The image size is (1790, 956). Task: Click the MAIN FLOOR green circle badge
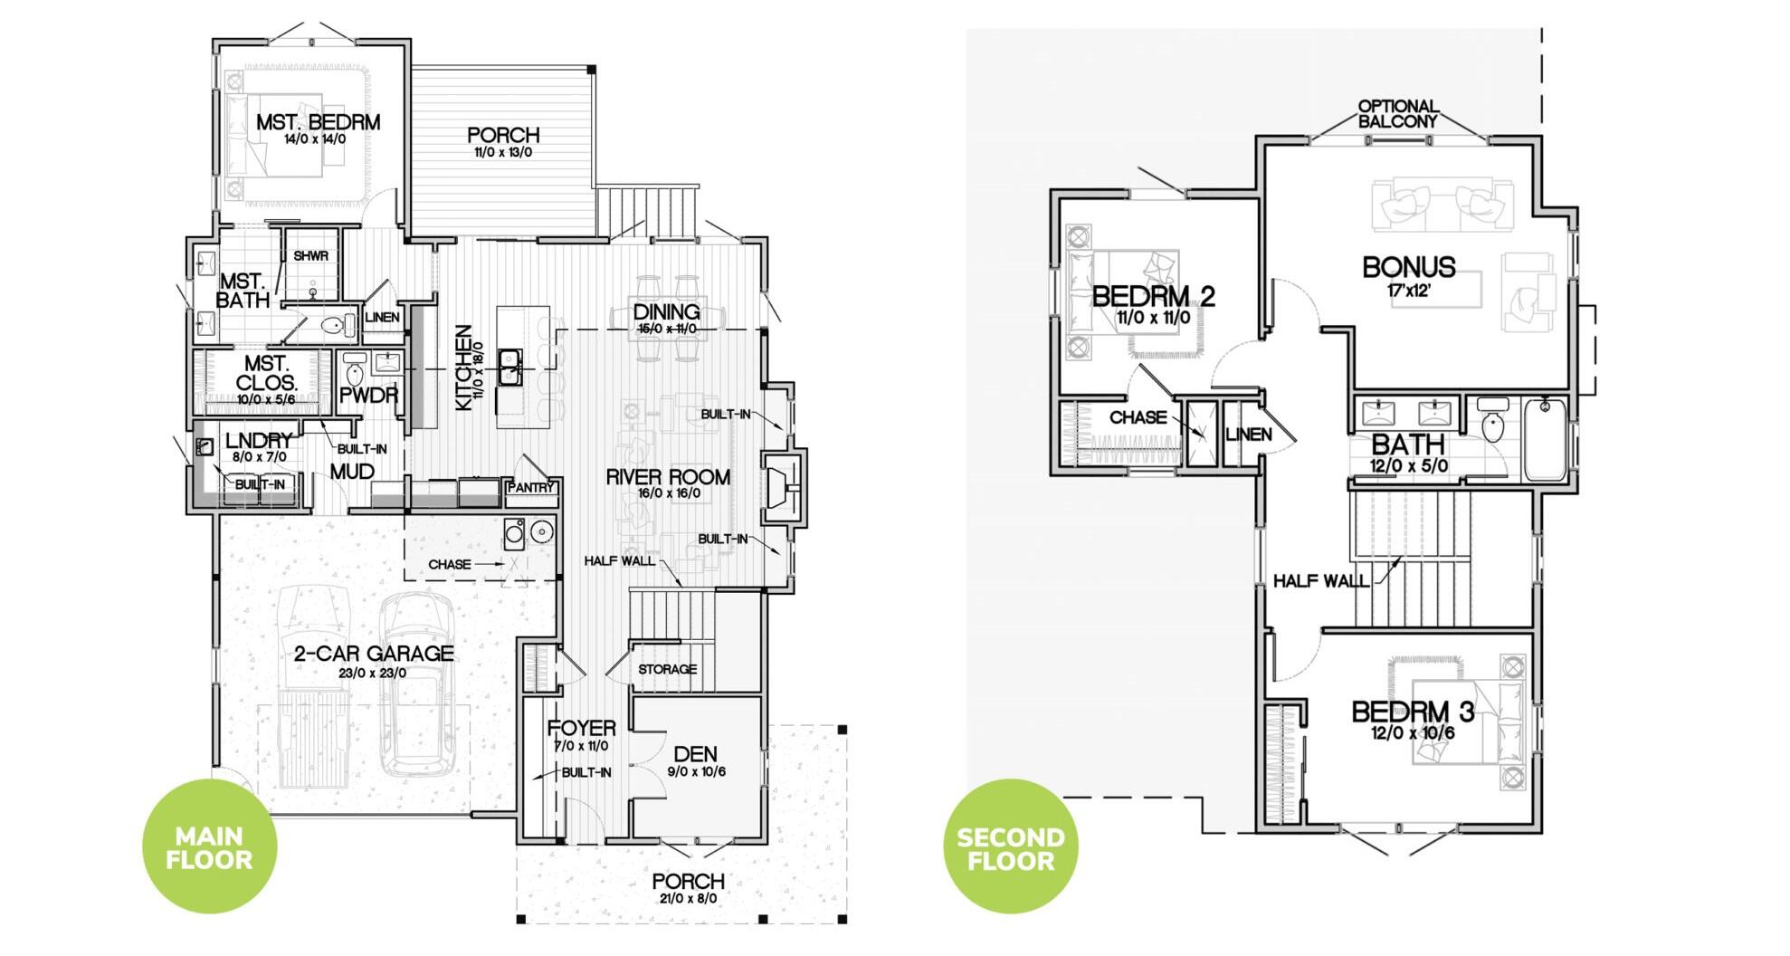[x=209, y=846]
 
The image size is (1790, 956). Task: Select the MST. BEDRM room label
[x=318, y=122]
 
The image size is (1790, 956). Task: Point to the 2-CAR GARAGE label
[x=374, y=653]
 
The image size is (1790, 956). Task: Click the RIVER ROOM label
[x=668, y=477]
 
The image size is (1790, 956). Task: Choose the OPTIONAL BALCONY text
[x=1397, y=113]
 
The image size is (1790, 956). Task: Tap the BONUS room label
[x=1408, y=267]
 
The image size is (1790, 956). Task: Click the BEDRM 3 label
[x=1412, y=712]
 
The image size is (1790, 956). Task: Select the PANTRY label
[x=530, y=488]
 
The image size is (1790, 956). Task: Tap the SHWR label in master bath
[x=310, y=256]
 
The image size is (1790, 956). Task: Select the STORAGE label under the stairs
[x=667, y=669]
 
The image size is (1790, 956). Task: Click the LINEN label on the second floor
[x=1248, y=435]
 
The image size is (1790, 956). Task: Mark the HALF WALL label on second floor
[x=1320, y=581]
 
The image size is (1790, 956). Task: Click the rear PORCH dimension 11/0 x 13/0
[x=503, y=152]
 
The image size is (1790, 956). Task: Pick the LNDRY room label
[x=259, y=441]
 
